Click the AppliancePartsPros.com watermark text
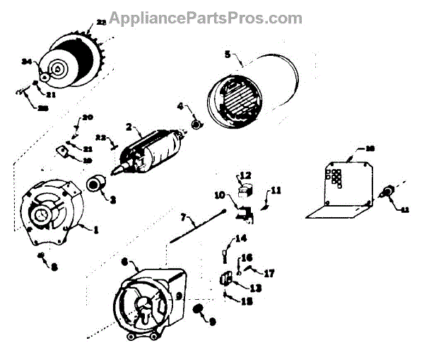click(211, 18)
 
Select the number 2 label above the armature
click(130, 128)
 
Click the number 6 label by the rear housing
click(124, 262)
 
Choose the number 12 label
click(246, 175)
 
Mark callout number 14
click(241, 238)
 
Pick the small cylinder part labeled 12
click(245, 189)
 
